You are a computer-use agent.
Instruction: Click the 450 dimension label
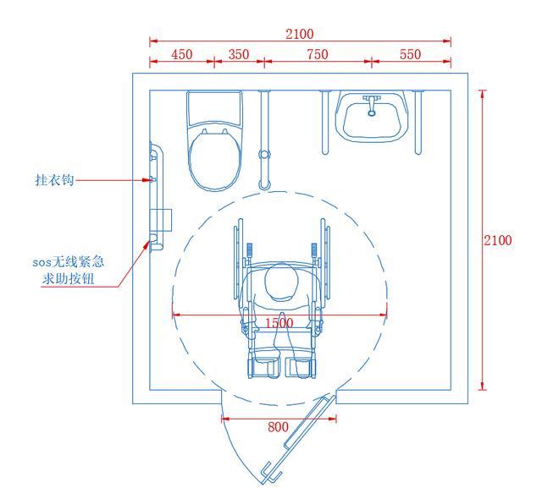182,54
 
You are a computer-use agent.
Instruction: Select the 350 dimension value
239,54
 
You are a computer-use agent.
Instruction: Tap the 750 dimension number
318,54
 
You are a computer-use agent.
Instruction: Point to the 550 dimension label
410,54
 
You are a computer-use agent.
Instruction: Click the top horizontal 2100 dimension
300,34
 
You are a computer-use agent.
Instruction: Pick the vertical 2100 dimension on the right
497,240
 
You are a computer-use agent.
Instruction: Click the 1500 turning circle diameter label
279,323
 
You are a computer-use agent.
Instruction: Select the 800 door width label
278,427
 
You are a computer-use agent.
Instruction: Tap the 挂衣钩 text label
54,180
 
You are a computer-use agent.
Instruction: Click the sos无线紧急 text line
68,262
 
